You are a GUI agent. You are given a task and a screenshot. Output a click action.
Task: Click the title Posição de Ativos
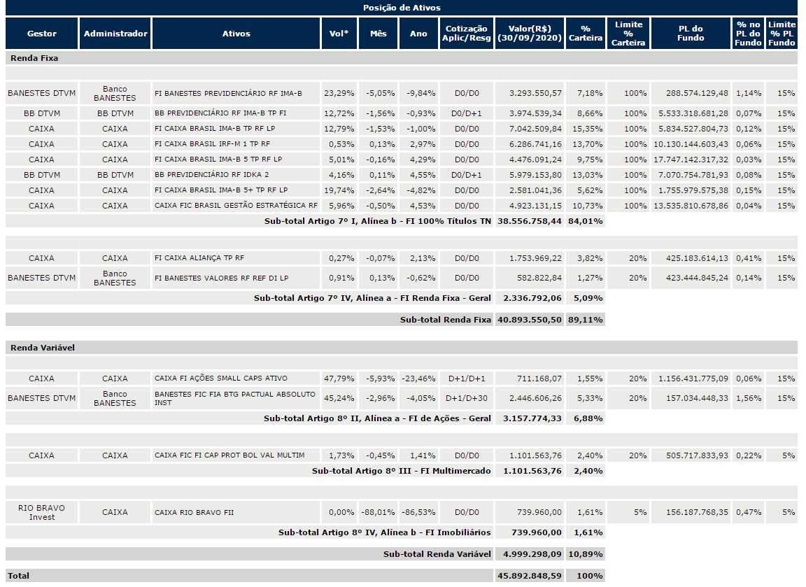402,8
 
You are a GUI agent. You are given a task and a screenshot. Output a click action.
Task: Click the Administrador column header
115,34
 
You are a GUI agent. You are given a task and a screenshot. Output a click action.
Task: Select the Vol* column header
339,34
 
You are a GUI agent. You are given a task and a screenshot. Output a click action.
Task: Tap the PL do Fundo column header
691,34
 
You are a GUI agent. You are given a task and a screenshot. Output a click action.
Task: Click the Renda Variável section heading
43,348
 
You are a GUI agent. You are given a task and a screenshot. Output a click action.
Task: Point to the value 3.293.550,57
535,93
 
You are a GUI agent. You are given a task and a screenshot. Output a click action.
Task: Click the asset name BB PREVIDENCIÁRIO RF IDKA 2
212,175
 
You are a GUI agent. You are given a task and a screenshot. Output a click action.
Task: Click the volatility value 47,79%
339,379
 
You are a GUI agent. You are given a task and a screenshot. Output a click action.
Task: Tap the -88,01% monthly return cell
378,512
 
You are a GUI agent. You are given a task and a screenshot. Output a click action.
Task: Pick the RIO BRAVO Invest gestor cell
42,512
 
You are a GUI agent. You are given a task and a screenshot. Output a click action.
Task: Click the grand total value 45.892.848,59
530,576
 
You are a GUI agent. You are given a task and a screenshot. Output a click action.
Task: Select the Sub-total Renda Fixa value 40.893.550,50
530,320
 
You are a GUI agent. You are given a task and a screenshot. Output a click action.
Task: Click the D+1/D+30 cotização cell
466,398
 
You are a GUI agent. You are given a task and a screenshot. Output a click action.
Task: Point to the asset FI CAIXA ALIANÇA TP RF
199,258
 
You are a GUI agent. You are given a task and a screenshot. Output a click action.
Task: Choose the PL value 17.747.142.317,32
691,160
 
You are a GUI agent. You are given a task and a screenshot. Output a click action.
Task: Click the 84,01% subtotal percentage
586,221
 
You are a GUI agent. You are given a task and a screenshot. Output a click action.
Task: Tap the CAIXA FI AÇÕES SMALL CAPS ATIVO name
221,379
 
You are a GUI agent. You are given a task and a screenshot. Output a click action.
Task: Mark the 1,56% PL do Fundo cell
748,398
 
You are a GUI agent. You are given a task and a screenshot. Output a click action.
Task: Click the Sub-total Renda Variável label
437,554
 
